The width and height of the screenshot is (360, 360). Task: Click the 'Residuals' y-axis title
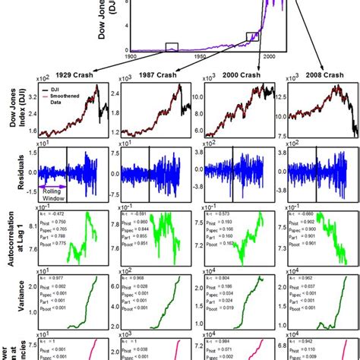pos(11,172)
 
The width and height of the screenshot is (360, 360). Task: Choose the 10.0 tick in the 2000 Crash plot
pos(195,97)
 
